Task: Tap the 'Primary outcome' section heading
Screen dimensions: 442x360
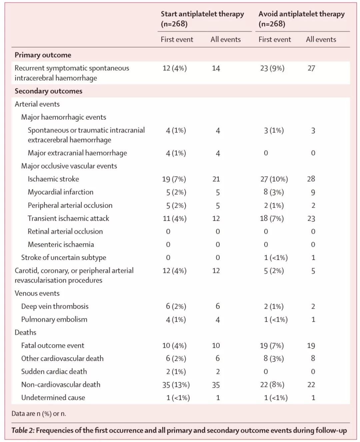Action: [x=43, y=55]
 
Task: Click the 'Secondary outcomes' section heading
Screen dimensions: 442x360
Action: [x=48, y=91]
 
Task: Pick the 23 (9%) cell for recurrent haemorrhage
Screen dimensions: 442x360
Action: [x=272, y=68]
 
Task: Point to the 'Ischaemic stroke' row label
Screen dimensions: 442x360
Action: [x=53, y=179]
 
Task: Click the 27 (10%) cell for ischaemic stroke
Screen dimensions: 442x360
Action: [x=274, y=179]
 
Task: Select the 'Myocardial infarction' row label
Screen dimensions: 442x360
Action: [x=60, y=192]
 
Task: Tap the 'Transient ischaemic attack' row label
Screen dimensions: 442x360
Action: [x=68, y=218]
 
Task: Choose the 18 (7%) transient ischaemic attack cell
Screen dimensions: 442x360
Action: [x=272, y=218]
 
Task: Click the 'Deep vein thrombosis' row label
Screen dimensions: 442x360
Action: [x=55, y=306]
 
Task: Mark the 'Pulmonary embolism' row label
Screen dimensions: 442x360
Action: [x=54, y=319]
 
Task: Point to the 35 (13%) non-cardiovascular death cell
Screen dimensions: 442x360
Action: [x=176, y=385]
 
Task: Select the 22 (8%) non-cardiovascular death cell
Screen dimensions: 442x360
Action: [x=272, y=385]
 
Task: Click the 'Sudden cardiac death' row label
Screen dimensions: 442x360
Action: [x=54, y=371]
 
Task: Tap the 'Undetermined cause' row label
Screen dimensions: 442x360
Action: [x=53, y=398]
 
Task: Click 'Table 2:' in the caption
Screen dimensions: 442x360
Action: [x=23, y=430]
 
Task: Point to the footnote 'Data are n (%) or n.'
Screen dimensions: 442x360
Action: [x=39, y=414]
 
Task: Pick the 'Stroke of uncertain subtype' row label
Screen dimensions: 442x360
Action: [x=63, y=258]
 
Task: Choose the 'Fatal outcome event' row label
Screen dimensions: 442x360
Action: [x=52, y=345]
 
